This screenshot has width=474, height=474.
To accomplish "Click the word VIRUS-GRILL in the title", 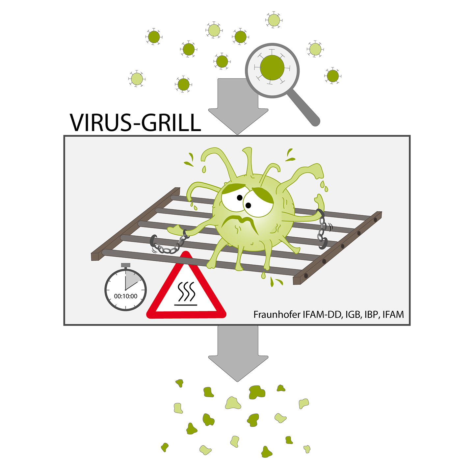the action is [x=135, y=122].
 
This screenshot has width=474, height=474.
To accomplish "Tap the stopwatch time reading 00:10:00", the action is [x=125, y=296].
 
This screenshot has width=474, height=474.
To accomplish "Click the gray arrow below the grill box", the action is [x=238, y=354].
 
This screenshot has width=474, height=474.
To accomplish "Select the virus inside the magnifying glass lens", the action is [x=272, y=67].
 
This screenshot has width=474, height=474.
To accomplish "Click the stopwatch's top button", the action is [x=125, y=265].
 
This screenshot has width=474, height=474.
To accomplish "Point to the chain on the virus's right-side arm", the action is [x=322, y=229].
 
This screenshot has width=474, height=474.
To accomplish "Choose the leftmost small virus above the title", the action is [x=137, y=79].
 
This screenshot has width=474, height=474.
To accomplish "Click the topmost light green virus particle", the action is [x=274, y=20].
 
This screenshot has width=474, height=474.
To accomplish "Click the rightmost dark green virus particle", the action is [x=333, y=76].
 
